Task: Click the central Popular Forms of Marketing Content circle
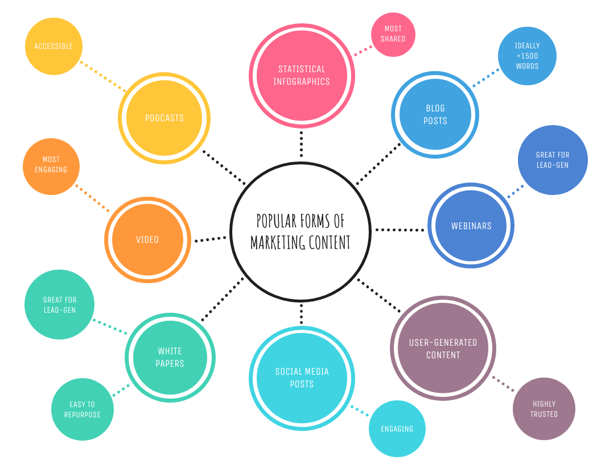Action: tap(300, 231)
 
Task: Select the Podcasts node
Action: tap(164, 118)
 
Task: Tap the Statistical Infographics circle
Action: tap(302, 76)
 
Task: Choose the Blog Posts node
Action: tap(435, 114)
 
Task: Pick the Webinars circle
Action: tap(471, 226)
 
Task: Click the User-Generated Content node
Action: tap(443, 349)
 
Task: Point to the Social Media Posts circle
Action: tap(302, 378)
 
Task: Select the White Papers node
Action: tap(170, 358)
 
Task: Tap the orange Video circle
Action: tap(147, 239)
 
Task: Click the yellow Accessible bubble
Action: tap(53, 46)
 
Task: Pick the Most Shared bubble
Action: tap(393, 35)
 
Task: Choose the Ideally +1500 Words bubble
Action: tap(527, 56)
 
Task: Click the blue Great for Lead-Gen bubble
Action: tap(552, 160)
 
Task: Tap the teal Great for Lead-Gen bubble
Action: tap(59, 305)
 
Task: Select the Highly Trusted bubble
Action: tap(544, 409)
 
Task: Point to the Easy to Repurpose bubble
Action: tap(83, 409)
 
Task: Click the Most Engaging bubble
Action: tap(51, 167)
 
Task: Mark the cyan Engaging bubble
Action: tap(397, 429)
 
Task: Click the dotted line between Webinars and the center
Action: tap(400, 230)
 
